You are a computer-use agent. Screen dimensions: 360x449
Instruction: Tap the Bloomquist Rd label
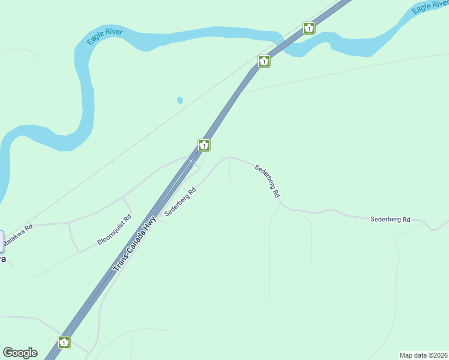(114, 230)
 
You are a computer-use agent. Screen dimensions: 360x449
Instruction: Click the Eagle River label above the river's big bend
(104, 36)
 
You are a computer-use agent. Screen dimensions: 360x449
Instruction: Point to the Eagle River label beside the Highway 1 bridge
(430, 7)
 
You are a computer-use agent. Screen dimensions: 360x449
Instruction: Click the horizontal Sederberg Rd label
(390, 220)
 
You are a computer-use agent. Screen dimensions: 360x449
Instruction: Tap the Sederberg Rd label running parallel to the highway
(181, 202)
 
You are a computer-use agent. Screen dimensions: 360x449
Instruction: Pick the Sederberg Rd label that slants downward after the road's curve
(267, 181)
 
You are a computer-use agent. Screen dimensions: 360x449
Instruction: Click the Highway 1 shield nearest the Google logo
(64, 342)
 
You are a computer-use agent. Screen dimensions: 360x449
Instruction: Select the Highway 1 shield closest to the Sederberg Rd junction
(204, 145)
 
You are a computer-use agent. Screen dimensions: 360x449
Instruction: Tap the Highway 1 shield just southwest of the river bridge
(264, 61)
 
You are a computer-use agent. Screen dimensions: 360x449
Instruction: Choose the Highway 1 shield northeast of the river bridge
(309, 28)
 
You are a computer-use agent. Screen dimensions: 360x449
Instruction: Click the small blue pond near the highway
(179, 100)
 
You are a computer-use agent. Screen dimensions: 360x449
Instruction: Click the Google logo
(20, 353)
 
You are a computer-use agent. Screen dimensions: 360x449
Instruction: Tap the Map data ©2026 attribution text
(423, 355)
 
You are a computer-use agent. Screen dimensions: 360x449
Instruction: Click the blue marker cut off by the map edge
(1, 238)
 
